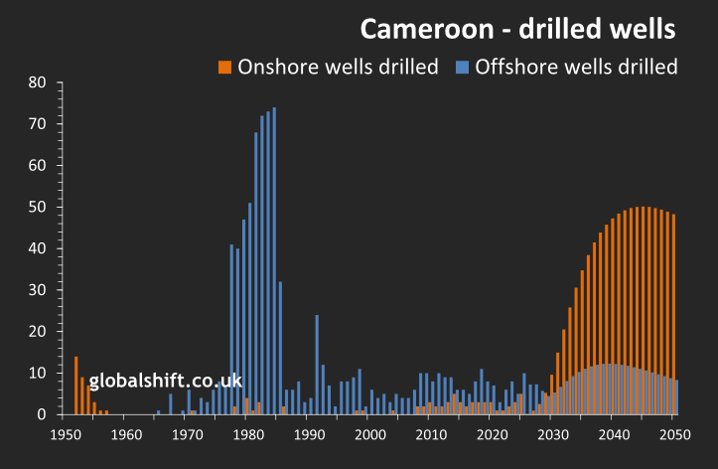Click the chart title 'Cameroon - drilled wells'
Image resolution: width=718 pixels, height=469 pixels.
tap(517, 29)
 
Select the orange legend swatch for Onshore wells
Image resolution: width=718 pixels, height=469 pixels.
tap(225, 68)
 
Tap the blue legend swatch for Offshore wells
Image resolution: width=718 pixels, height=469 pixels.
tap(463, 68)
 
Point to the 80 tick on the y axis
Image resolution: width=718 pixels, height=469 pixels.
tap(38, 82)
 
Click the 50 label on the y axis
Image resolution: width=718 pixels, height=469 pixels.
tap(38, 207)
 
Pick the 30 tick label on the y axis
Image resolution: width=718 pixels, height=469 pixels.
tap(38, 290)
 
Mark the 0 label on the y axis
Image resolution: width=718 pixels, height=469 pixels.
tap(42, 414)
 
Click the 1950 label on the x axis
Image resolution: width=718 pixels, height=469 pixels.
tap(66, 434)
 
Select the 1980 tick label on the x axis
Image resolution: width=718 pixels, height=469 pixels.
tap(248, 434)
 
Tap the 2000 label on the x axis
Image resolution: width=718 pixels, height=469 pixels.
tap(370, 434)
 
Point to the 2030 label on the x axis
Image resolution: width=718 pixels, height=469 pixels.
tap(553, 434)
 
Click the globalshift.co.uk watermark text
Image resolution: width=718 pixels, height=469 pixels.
tap(166, 381)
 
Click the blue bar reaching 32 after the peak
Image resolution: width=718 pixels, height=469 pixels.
tap(280, 348)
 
